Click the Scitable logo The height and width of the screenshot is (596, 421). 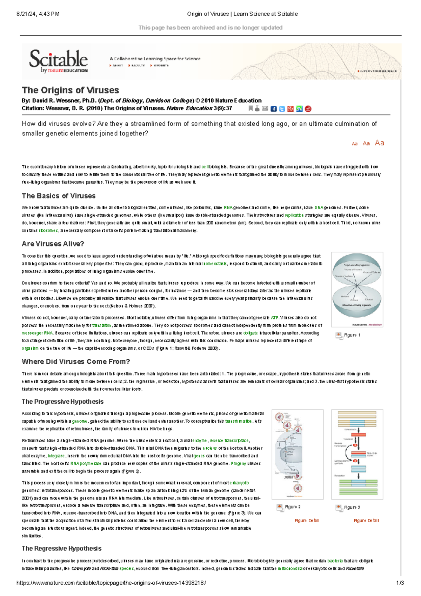click(x=58, y=61)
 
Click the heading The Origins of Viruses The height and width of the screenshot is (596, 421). click(x=70, y=90)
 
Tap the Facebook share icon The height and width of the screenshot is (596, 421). click(x=274, y=109)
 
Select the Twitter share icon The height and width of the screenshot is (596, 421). click(x=282, y=109)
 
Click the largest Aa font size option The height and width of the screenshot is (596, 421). click(x=379, y=143)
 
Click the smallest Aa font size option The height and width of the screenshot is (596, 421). click(x=355, y=144)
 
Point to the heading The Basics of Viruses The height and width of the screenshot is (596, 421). click(x=59, y=196)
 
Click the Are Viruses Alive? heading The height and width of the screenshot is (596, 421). click(x=53, y=244)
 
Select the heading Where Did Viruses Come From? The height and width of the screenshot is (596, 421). click(x=76, y=362)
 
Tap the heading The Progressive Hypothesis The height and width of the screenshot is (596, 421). click(x=62, y=402)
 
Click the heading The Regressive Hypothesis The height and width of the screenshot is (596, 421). click(x=61, y=548)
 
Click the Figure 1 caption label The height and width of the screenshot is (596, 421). click(x=352, y=335)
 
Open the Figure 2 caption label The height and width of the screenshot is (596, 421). click(x=292, y=507)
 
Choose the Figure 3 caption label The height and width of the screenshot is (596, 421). click(x=352, y=507)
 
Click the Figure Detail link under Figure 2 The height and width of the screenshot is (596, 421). click(x=307, y=521)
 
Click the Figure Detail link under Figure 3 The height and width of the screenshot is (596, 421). click(x=366, y=521)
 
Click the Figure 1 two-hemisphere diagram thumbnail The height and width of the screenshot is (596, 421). click(x=357, y=289)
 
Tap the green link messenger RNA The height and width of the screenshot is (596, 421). click(x=37, y=333)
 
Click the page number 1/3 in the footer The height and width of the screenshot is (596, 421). click(x=400, y=583)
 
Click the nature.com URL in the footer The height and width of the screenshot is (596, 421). click(x=111, y=583)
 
